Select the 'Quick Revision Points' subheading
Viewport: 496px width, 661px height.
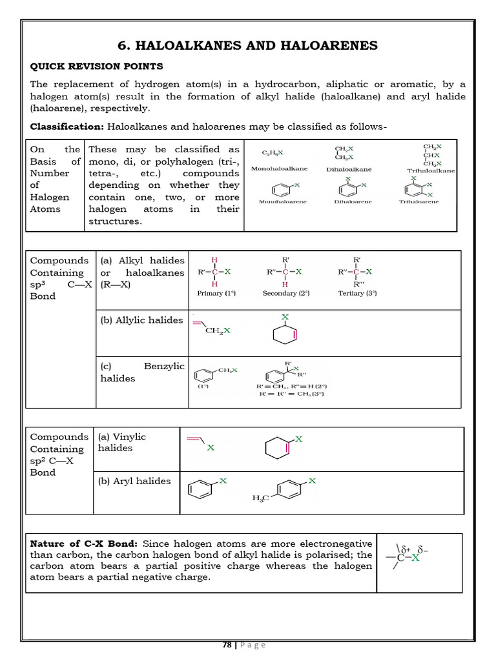point(97,66)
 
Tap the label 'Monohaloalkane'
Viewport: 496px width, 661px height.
point(279,168)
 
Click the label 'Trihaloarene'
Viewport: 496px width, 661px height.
point(418,201)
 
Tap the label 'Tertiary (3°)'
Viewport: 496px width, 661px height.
point(357,293)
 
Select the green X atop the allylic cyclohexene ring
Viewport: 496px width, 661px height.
point(284,317)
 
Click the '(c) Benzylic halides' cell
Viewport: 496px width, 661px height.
point(141,372)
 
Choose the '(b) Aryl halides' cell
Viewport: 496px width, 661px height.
point(135,481)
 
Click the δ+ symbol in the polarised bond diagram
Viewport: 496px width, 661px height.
point(408,549)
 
